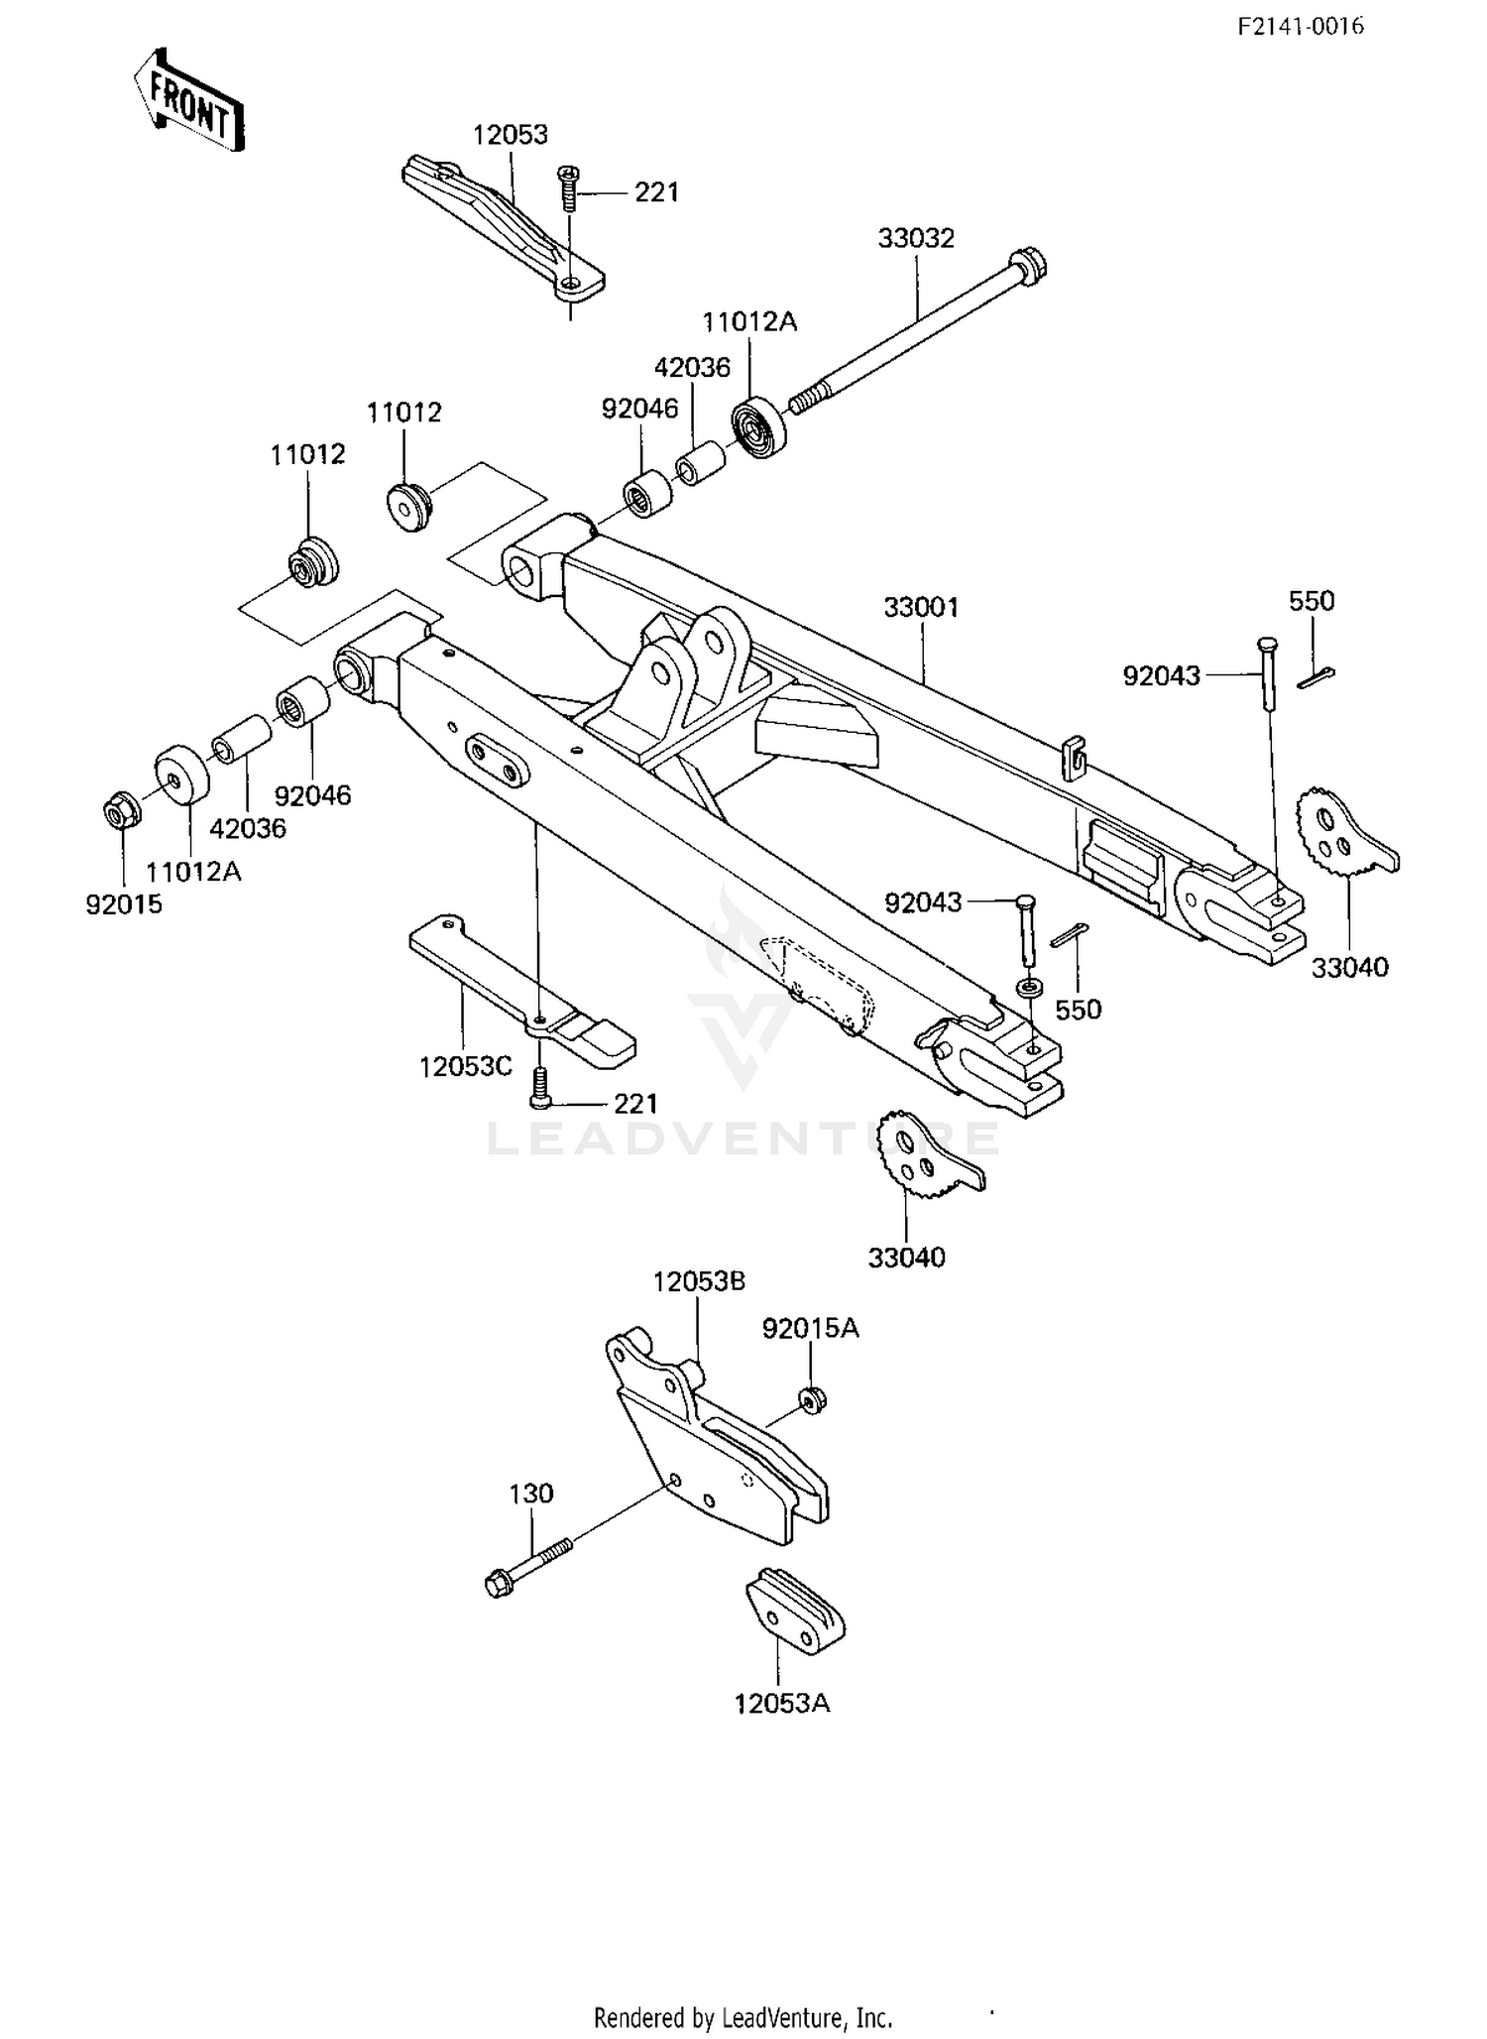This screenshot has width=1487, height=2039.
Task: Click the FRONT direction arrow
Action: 189,100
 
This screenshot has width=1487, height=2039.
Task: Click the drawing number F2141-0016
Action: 1300,27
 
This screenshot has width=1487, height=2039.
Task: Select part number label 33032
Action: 915,238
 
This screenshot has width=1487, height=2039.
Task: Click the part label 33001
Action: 921,607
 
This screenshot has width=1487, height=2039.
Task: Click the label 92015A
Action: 810,1328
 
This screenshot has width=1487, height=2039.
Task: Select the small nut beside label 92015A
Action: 812,1399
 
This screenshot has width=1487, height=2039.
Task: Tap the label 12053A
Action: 781,1703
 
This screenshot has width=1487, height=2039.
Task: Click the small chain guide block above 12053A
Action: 795,1614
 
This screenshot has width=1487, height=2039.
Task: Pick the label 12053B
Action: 699,1281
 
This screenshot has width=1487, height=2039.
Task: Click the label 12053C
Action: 465,1066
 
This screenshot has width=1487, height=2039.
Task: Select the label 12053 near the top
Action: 510,135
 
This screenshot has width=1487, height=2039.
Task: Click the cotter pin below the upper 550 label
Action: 1315,676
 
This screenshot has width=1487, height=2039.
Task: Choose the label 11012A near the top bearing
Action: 749,321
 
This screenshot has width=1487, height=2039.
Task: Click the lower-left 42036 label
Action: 248,828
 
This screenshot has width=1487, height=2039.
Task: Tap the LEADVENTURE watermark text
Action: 743,1139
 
